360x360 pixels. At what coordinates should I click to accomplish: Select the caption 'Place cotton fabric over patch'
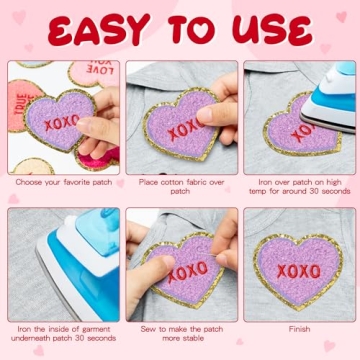[180, 187]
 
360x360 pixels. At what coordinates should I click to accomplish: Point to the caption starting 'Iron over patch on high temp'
[297, 187]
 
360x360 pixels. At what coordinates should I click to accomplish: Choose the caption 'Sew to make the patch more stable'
[180, 334]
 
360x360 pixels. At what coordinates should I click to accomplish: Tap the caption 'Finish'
[297, 329]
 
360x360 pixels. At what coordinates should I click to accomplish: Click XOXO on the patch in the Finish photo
[297, 271]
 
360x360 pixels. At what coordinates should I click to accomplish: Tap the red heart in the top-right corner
[342, 16]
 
